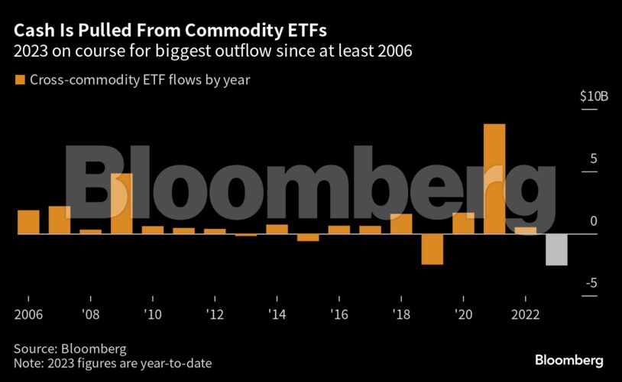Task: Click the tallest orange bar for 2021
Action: [x=494, y=178]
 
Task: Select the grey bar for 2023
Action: [x=556, y=250]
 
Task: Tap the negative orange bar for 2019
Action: [x=432, y=249]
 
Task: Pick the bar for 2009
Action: [x=121, y=204]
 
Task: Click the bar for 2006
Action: [x=28, y=222]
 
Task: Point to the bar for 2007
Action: [x=60, y=220]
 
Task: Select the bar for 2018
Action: [x=401, y=224]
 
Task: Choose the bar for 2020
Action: [x=463, y=223]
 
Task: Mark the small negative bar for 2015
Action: [x=308, y=237]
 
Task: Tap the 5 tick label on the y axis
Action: [x=592, y=159]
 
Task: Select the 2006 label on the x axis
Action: [x=28, y=314]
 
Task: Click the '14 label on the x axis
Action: [x=276, y=314]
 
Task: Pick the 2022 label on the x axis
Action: [x=525, y=314]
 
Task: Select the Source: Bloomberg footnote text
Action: [x=70, y=348]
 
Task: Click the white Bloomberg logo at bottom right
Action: [x=569, y=360]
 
